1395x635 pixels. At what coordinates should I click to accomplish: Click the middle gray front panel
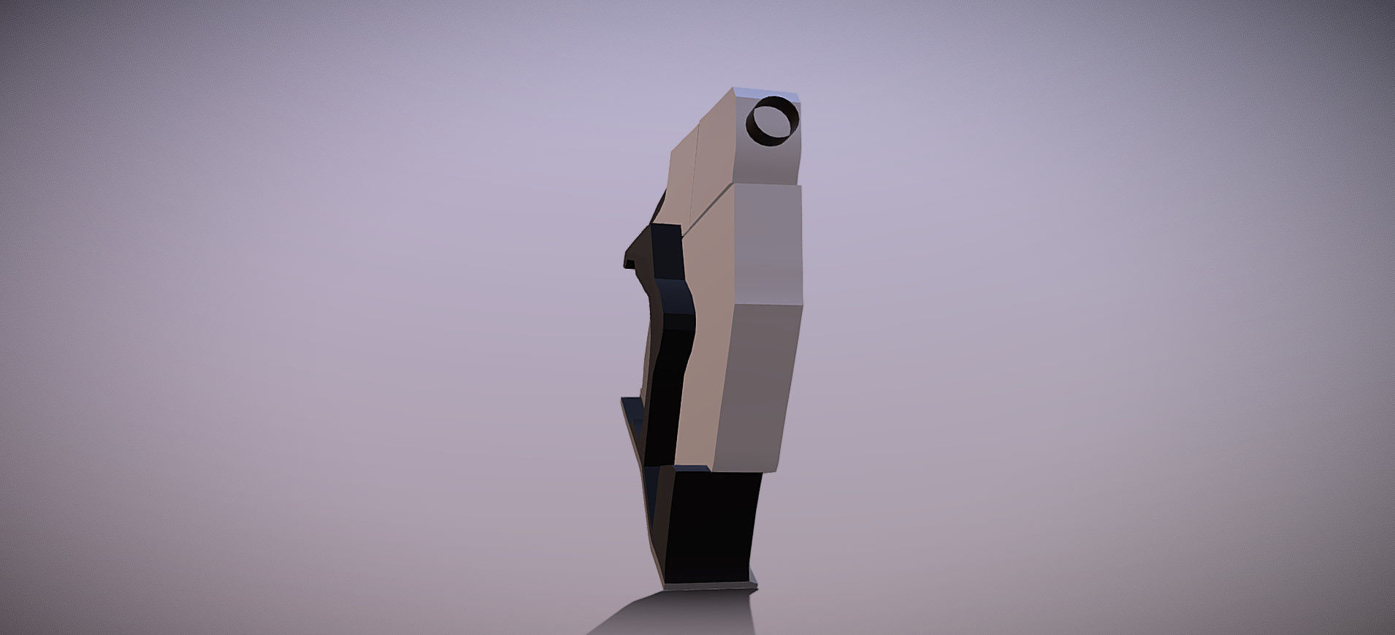pyautogui.click(x=767, y=245)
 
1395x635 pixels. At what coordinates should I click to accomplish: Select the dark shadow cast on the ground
pyautogui.click(x=672, y=614)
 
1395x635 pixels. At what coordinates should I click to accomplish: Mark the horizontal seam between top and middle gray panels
pyautogui.click(x=767, y=186)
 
